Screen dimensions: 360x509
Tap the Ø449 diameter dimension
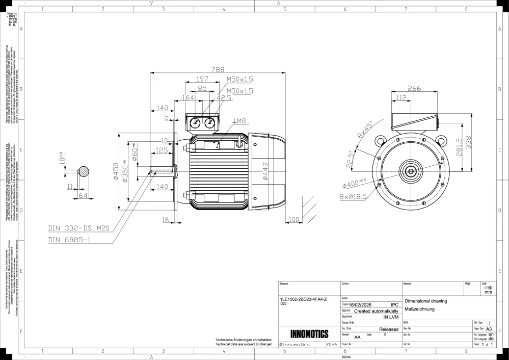(x=265, y=172)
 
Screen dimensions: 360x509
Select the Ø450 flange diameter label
(x=116, y=172)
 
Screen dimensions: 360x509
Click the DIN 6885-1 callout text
(x=69, y=239)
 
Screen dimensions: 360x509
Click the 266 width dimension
(x=414, y=88)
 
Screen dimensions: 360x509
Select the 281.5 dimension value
(x=459, y=148)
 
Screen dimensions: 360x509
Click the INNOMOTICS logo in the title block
(x=309, y=335)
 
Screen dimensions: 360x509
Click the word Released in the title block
(x=389, y=329)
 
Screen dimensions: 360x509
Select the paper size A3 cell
(x=489, y=329)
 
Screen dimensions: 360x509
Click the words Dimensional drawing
(x=425, y=301)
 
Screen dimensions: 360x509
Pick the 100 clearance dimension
(x=294, y=219)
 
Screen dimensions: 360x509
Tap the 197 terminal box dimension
(x=203, y=79)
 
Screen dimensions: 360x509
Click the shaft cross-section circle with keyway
(x=83, y=172)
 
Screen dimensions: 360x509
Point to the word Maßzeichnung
(x=419, y=309)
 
